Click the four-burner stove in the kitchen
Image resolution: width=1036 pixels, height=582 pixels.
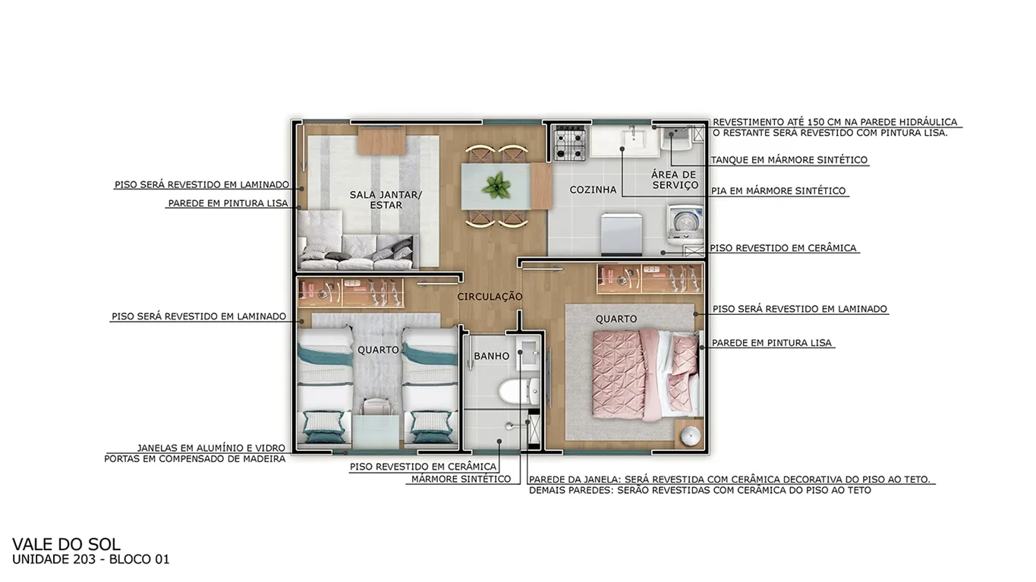pyautogui.click(x=570, y=143)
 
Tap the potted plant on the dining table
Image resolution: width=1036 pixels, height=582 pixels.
pyautogui.click(x=496, y=186)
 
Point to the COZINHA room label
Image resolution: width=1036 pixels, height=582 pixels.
pyautogui.click(x=593, y=190)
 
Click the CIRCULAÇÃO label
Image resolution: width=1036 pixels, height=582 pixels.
pyautogui.click(x=490, y=297)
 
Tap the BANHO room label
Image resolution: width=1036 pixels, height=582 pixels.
pyautogui.click(x=492, y=356)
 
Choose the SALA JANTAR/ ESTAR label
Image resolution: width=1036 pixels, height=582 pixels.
pyautogui.click(x=386, y=200)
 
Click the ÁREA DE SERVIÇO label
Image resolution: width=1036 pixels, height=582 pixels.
pyautogui.click(x=675, y=180)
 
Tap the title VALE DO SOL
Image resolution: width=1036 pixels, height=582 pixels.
pyautogui.click(x=66, y=544)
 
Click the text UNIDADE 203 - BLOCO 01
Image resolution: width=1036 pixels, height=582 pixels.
pyautogui.click(x=90, y=559)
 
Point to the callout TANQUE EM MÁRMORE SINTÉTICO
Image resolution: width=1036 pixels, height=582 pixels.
pyautogui.click(x=789, y=160)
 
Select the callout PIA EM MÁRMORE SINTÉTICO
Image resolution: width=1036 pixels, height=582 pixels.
pyautogui.click(x=779, y=191)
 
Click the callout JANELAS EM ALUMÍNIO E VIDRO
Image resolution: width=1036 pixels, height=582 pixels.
pyautogui.click(x=211, y=448)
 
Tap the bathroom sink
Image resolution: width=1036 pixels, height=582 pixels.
pyautogui.click(x=528, y=354)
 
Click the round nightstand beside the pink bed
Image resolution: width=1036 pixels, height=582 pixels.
pyautogui.click(x=689, y=435)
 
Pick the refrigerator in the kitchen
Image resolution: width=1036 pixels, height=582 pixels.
pyautogui.click(x=622, y=234)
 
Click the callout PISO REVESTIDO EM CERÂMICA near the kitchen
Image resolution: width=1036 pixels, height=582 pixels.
pyautogui.click(x=783, y=248)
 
